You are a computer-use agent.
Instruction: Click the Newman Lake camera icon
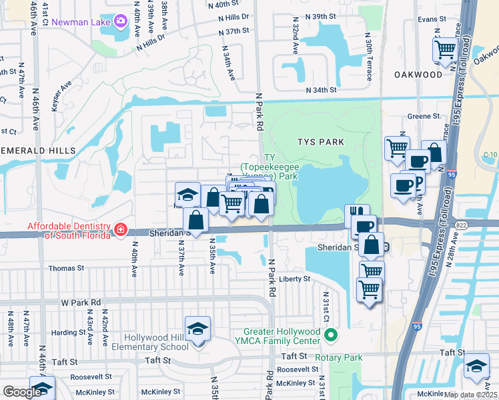(x=121, y=21)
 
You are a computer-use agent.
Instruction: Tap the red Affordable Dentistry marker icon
(x=120, y=230)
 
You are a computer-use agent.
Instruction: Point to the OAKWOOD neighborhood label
(x=418, y=75)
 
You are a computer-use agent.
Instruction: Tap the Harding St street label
(x=64, y=332)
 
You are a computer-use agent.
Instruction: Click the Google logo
(x=22, y=392)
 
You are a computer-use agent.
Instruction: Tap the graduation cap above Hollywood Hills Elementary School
(x=197, y=329)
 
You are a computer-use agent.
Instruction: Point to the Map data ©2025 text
(x=470, y=395)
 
